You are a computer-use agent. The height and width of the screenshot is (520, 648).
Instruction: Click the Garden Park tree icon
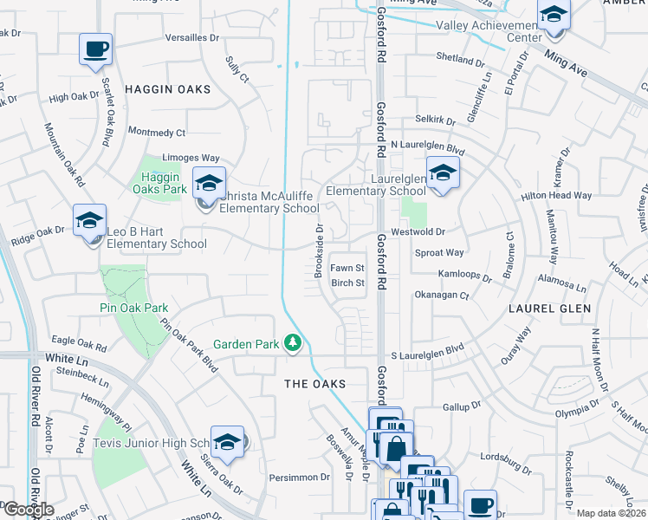[x=294, y=344]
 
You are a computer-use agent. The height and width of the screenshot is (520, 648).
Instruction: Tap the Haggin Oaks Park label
[x=164, y=183]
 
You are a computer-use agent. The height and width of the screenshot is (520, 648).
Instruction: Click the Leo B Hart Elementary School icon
[x=89, y=222]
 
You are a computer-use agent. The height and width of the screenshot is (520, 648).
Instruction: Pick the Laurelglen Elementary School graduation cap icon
[x=442, y=173]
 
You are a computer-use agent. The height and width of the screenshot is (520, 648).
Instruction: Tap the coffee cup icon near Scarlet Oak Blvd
[x=96, y=49]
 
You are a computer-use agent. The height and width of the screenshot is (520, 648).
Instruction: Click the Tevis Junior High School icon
[x=227, y=443]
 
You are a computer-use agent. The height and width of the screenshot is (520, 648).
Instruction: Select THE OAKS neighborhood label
[x=316, y=384]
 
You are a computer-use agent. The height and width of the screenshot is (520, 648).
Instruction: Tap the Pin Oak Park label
[x=133, y=308]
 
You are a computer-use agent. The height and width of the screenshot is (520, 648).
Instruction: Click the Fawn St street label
[x=347, y=269]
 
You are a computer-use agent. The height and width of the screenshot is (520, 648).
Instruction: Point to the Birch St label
[x=347, y=283]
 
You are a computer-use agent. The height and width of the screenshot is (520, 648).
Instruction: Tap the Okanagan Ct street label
[x=442, y=296]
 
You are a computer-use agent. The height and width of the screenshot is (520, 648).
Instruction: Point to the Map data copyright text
[x=612, y=513]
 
